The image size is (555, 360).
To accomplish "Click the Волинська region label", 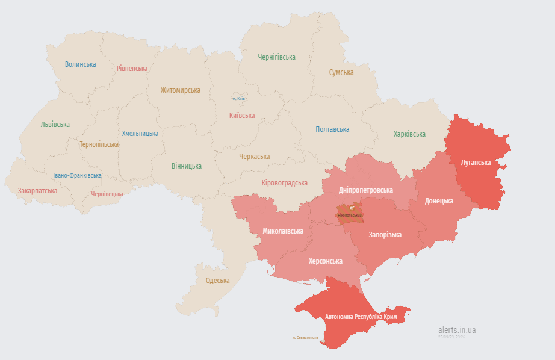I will [x=80, y=64].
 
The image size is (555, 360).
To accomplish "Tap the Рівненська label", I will [x=132, y=69].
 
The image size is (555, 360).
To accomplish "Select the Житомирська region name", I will [x=180, y=90].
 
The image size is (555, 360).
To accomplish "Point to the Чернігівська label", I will [x=276, y=57].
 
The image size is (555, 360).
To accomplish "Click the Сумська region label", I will [x=341, y=72].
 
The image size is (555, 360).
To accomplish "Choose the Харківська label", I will [x=409, y=134].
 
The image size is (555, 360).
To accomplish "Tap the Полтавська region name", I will [x=332, y=129].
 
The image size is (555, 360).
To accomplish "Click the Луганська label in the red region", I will [x=476, y=163].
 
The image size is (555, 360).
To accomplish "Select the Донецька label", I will [x=439, y=201].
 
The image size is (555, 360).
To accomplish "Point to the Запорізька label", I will [x=385, y=235].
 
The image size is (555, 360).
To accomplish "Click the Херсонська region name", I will [x=325, y=261].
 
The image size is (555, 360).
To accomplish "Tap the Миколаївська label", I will [x=283, y=231].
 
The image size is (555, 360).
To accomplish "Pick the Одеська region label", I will [x=217, y=281].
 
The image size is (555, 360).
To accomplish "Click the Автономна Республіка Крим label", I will [x=361, y=317].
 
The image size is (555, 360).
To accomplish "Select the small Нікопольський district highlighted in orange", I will [x=350, y=214].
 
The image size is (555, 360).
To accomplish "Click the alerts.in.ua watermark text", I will [x=457, y=330].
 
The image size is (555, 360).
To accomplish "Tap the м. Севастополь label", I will [x=305, y=338].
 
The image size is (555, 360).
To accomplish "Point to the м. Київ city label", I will [x=239, y=98].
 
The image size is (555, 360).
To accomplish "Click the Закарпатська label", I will [x=37, y=191].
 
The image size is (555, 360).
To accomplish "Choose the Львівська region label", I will [x=55, y=125].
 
